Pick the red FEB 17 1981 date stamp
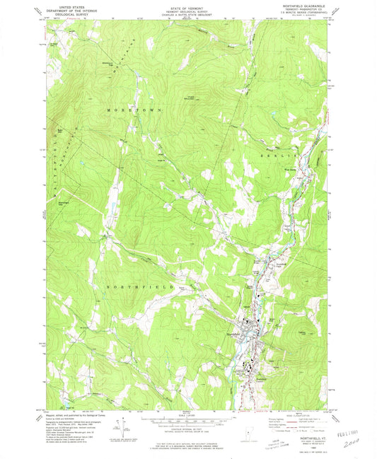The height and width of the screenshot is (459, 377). pos(346,429)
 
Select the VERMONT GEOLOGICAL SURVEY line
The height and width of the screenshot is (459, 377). pos(188,12)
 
